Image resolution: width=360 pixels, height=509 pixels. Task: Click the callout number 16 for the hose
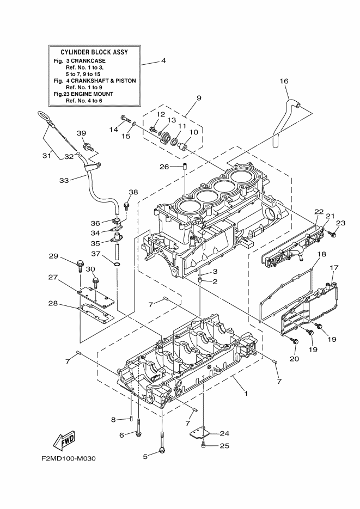(283, 81)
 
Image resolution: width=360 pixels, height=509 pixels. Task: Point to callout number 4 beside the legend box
(163, 61)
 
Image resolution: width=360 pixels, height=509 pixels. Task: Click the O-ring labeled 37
(117, 264)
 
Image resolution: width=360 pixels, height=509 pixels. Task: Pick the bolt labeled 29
(80, 267)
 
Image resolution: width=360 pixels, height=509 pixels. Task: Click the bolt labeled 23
(333, 234)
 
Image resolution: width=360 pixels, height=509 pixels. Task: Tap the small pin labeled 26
(185, 166)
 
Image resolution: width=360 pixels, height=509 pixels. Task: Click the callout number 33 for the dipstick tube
(64, 179)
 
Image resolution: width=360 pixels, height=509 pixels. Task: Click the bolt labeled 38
(126, 205)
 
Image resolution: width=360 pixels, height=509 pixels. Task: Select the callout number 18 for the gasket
(321, 255)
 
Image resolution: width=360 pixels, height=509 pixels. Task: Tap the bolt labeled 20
(295, 341)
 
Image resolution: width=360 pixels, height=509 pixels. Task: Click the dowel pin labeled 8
(132, 419)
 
